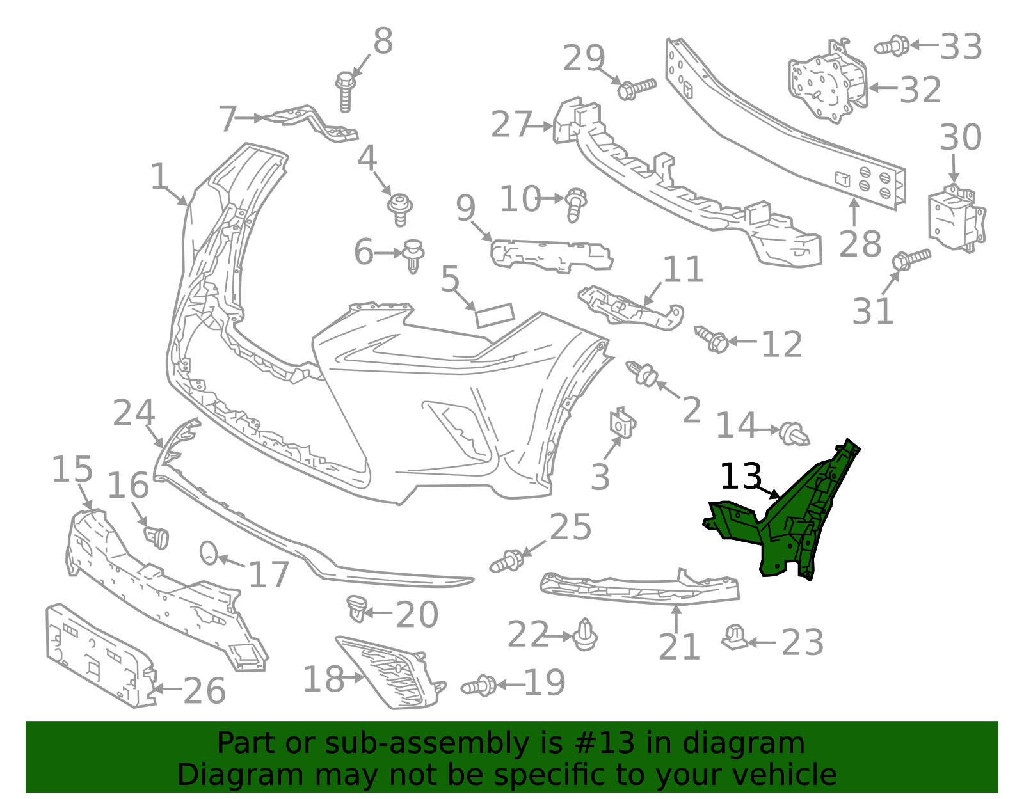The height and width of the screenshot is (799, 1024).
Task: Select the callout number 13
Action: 741,477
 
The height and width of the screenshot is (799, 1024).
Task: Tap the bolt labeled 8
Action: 345,92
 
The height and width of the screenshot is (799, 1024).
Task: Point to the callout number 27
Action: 512,124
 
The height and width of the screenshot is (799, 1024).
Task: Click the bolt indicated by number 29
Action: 636,88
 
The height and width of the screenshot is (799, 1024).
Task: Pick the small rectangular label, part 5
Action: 495,315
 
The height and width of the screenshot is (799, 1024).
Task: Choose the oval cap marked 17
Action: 209,553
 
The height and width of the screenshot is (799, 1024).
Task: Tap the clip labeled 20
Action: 356,608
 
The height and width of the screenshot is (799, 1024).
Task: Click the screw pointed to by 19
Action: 478,686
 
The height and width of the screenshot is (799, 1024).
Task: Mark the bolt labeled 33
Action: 892,47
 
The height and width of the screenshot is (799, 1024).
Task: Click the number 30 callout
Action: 961,138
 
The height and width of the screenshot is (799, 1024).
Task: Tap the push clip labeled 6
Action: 413,256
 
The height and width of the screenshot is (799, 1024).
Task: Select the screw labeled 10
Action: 575,205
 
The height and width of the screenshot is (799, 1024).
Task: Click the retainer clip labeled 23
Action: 735,637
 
